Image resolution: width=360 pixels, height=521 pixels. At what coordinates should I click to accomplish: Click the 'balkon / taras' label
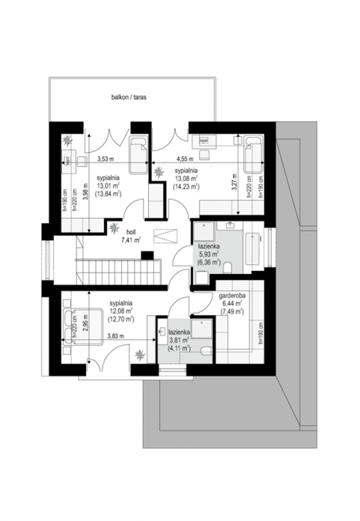pyautogui.click(x=129, y=97)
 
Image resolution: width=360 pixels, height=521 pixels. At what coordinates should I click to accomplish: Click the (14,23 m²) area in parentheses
pyautogui.click(x=186, y=187)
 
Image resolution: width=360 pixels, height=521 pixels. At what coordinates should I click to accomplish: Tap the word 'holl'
pyautogui.click(x=131, y=232)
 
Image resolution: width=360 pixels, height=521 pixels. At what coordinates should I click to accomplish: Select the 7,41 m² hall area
pyautogui.click(x=131, y=240)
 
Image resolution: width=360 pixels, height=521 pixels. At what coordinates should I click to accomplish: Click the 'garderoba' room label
pyautogui.click(x=232, y=296)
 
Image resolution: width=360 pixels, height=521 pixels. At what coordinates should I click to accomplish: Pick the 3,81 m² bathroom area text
pyautogui.click(x=178, y=340)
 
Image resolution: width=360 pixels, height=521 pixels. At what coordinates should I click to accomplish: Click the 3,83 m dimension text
pyautogui.click(x=116, y=336)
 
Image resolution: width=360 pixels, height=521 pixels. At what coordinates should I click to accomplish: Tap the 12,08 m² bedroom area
pyautogui.click(x=121, y=311)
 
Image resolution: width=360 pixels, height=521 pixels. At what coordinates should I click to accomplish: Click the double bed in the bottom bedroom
pyautogui.click(x=83, y=326)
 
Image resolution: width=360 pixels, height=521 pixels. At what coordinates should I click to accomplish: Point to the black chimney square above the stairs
pyautogui.click(x=147, y=255)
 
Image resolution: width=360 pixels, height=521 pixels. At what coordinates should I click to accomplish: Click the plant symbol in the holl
pyautogui.click(x=114, y=228)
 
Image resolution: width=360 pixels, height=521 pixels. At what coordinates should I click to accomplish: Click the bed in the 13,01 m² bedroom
pyautogui.click(x=139, y=155)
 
